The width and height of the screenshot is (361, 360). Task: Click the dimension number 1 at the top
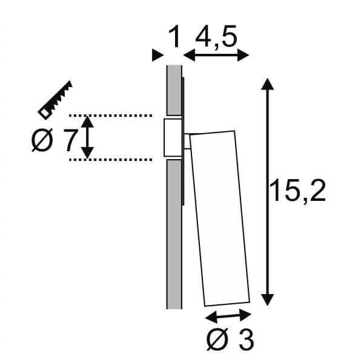(174, 38)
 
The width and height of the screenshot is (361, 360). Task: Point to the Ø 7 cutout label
(54, 142)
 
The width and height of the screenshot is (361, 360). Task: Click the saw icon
(55, 98)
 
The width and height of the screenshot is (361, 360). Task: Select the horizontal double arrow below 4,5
(216, 56)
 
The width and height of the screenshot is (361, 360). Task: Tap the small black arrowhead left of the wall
(157, 56)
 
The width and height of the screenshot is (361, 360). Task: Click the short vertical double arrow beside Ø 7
(88, 137)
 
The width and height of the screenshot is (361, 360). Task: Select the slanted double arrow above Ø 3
(228, 315)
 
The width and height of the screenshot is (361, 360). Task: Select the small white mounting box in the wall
(172, 137)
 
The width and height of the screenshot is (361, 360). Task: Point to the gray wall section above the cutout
(173, 91)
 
